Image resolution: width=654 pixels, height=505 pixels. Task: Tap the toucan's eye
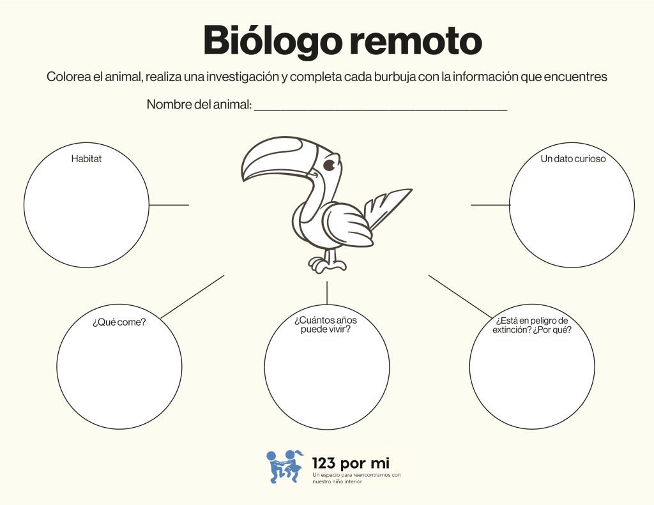[330, 166]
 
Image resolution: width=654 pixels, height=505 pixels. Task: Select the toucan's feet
[327, 263]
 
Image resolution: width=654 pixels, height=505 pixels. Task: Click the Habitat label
[86, 159]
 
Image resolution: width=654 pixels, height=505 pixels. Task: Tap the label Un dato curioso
[573, 159]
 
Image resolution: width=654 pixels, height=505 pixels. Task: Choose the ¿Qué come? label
[119, 322]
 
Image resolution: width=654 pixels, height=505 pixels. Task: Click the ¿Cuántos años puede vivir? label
[326, 325]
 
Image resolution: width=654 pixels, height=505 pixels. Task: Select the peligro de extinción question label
[532, 325]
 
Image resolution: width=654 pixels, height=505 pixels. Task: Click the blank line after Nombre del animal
[381, 106]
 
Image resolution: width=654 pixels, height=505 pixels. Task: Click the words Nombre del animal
[199, 105]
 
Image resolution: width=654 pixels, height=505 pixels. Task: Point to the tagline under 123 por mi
[356, 478]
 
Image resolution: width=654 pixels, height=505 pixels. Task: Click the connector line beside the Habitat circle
[169, 205]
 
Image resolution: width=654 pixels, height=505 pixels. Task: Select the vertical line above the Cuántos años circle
[327, 292]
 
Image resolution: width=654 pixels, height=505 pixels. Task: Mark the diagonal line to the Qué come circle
[192, 297]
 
